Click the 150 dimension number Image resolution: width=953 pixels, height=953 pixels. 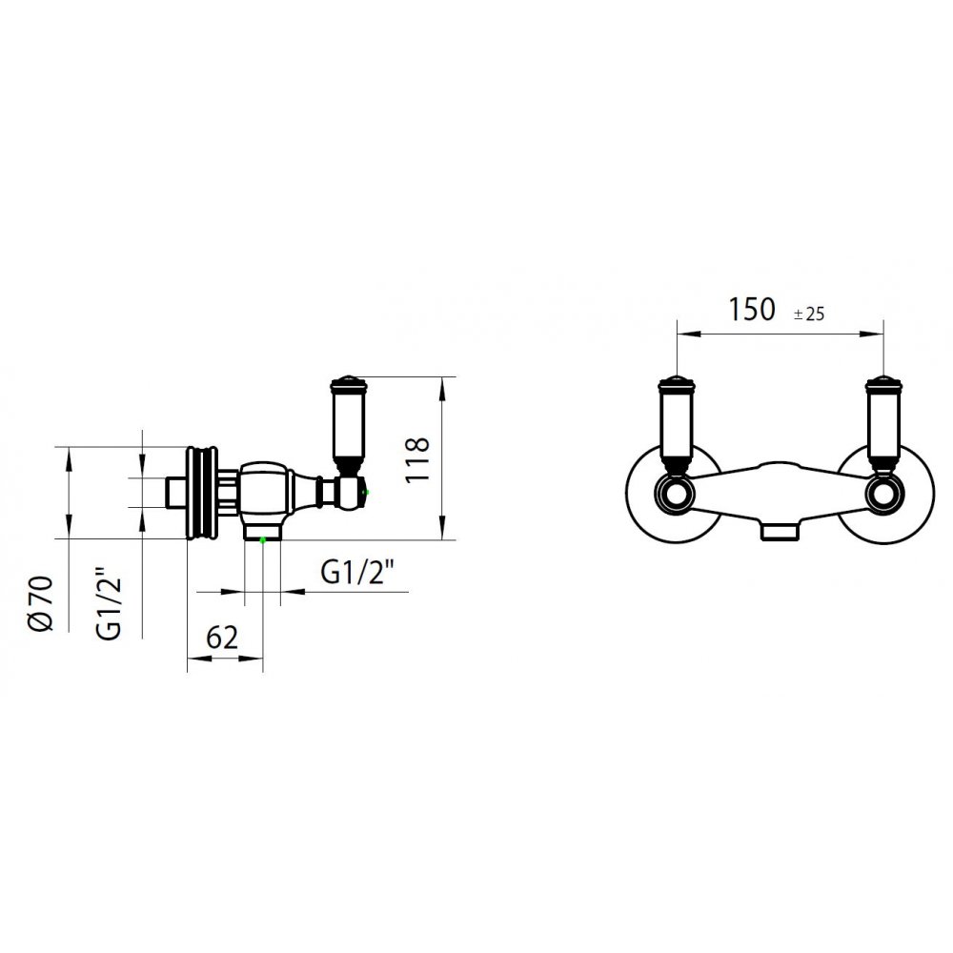(x=752, y=310)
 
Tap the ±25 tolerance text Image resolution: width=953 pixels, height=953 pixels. (x=809, y=314)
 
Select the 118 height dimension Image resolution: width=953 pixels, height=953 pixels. (x=417, y=459)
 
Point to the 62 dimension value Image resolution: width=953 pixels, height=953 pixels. (x=222, y=638)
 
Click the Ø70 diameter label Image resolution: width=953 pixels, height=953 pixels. (x=42, y=603)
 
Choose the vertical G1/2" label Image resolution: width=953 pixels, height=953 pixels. (x=109, y=604)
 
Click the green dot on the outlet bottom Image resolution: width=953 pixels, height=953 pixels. (x=263, y=539)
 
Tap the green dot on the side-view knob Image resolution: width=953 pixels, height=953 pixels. (x=365, y=492)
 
